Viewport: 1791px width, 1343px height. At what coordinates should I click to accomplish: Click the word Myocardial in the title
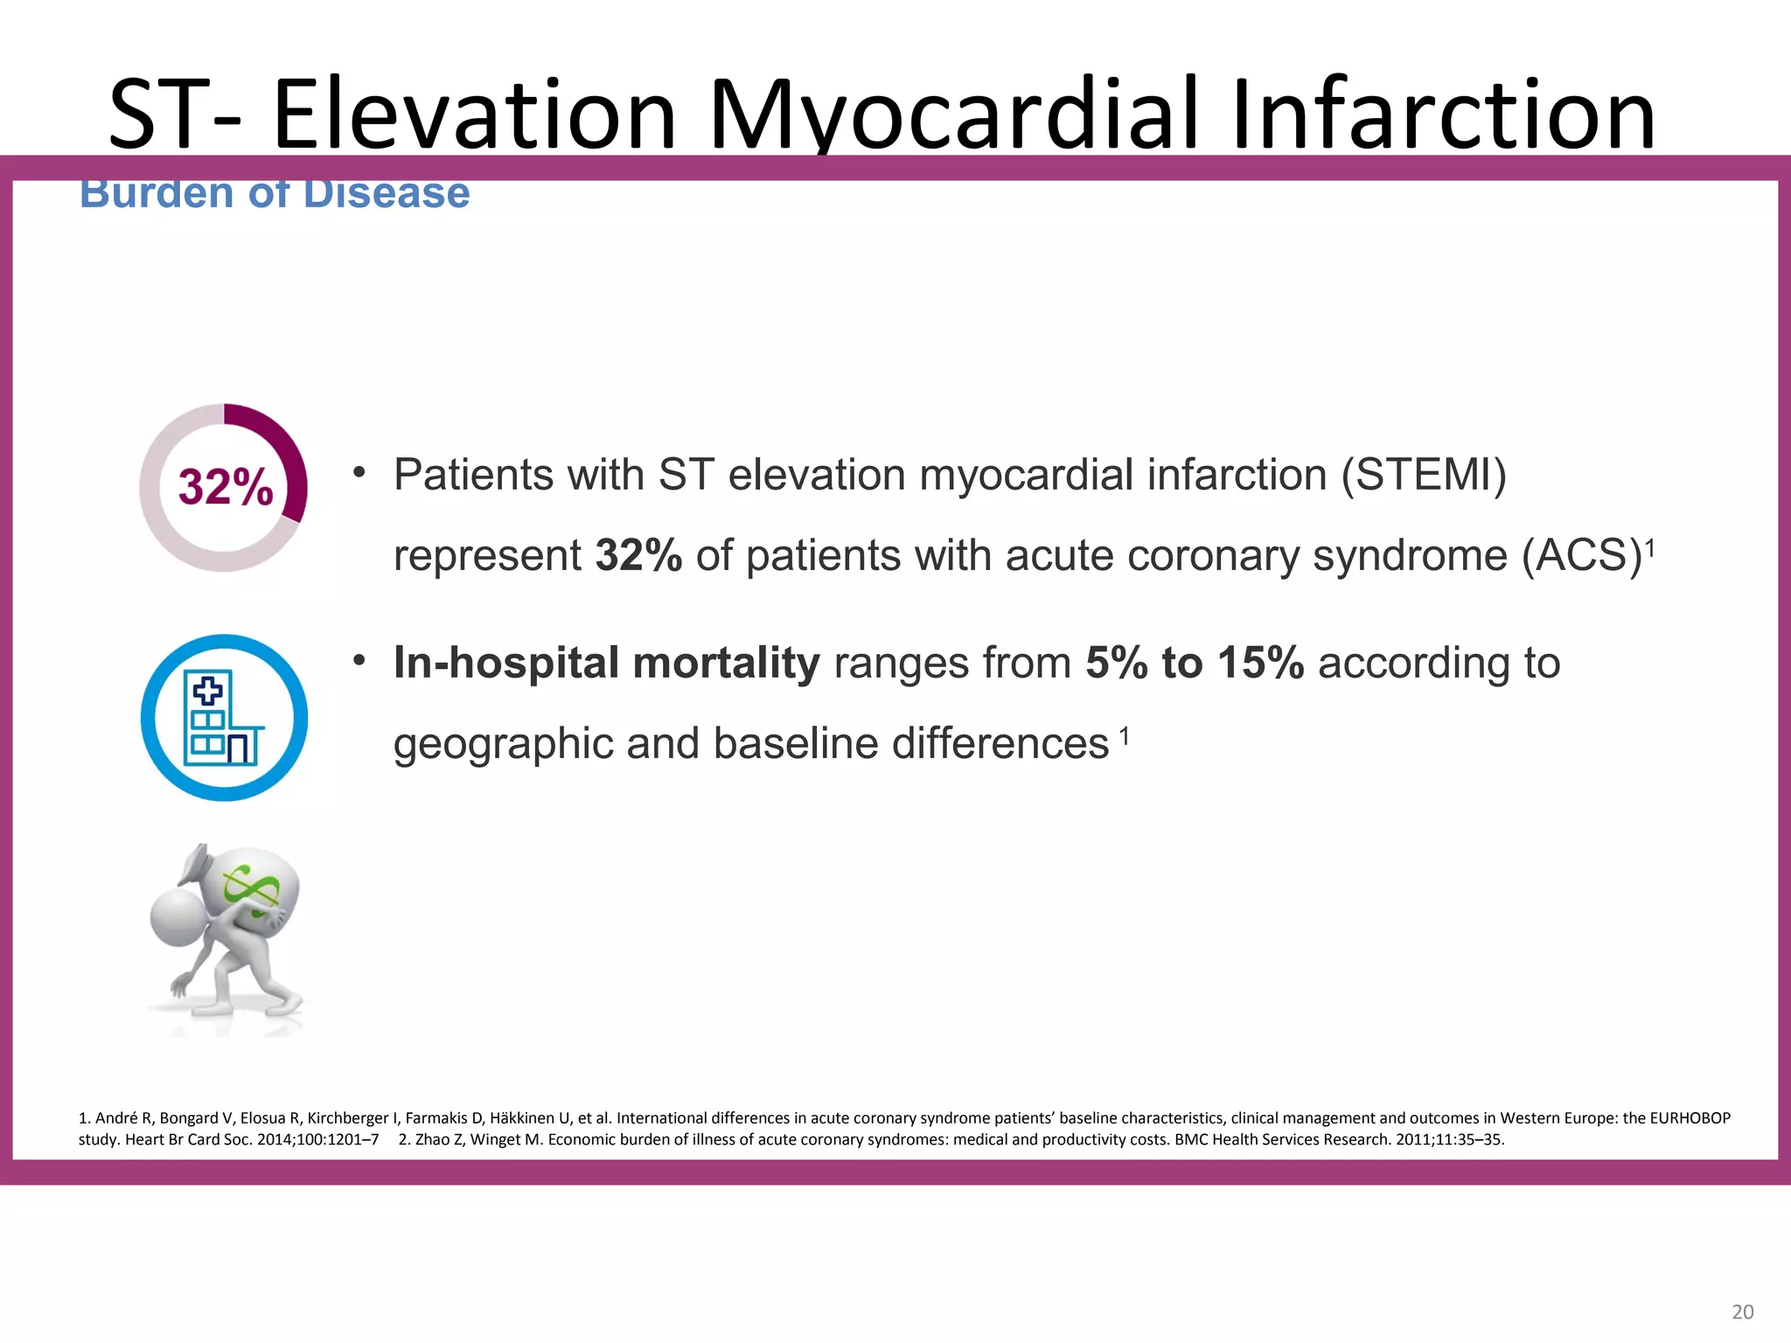(x=953, y=115)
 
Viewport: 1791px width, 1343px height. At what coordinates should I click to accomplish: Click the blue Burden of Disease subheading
(x=275, y=194)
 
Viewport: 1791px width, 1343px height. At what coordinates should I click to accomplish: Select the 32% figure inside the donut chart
(x=226, y=487)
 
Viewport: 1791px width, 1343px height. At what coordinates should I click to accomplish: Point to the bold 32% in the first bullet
(x=638, y=556)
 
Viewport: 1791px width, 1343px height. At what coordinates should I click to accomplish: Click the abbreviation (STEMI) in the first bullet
(x=1424, y=476)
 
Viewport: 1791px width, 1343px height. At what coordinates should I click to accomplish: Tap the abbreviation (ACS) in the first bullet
(x=1581, y=556)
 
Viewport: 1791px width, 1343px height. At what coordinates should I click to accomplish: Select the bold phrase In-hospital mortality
(x=606, y=663)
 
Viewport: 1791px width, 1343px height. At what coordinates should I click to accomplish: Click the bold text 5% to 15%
(x=1194, y=663)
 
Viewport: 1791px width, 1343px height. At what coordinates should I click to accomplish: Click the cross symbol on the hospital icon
(x=208, y=691)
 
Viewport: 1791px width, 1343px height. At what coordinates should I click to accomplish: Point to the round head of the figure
(x=178, y=916)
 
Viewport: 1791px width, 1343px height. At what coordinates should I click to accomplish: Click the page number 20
(x=1742, y=1312)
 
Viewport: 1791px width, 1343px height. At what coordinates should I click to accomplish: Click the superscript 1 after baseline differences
(x=1125, y=736)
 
